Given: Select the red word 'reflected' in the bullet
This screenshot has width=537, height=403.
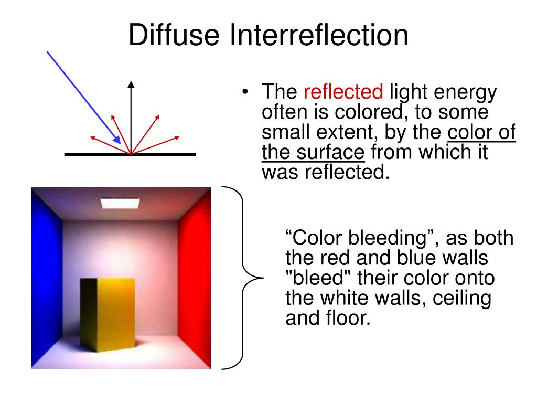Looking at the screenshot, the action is pos(343,93).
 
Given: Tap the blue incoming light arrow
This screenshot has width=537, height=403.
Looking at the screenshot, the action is pos(84,97).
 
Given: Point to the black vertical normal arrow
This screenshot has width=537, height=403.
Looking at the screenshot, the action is pos(131,115).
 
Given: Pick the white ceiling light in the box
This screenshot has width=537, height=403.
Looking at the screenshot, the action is pos(120,201).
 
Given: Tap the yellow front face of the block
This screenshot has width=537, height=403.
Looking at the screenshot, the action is pos(116,315).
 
